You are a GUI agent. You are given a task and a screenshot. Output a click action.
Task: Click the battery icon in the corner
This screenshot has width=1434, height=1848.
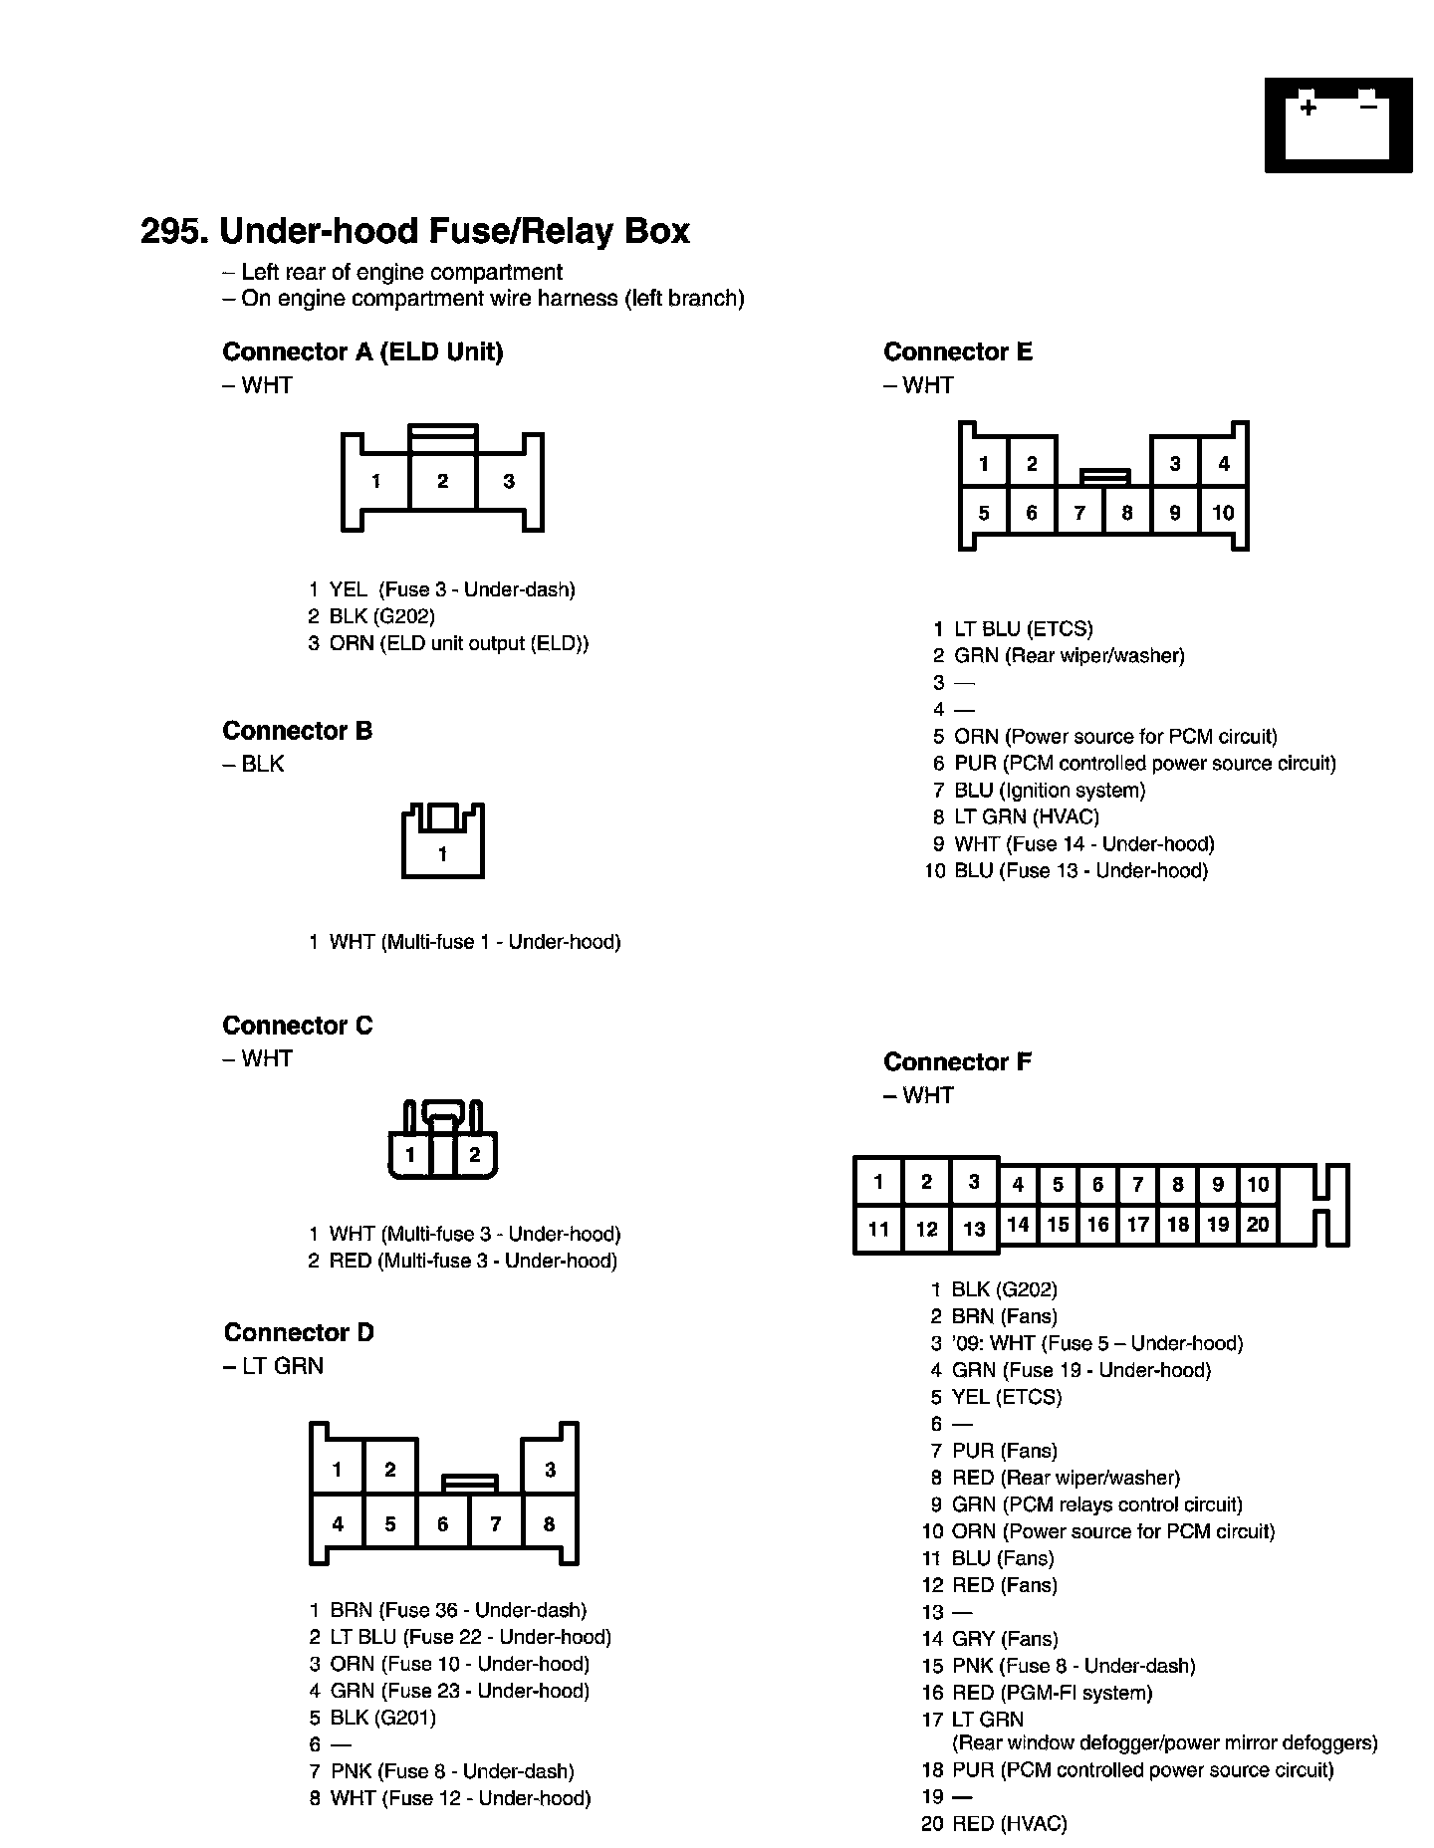click(x=1337, y=124)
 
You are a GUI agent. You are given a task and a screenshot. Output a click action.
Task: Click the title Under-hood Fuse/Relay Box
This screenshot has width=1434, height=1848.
click(x=414, y=231)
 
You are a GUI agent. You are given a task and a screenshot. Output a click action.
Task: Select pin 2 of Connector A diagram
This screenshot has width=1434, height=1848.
click(x=442, y=482)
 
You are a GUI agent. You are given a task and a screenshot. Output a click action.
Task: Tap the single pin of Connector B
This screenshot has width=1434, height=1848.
click(x=442, y=854)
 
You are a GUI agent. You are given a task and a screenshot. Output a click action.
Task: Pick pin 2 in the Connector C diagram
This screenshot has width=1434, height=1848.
click(x=474, y=1155)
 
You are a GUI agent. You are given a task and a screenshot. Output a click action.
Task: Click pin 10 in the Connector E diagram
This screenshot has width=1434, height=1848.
click(x=1223, y=513)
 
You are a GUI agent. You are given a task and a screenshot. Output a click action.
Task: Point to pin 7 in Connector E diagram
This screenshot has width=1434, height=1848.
click(x=1079, y=513)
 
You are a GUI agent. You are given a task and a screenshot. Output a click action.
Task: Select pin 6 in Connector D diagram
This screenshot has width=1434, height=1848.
click(x=442, y=1524)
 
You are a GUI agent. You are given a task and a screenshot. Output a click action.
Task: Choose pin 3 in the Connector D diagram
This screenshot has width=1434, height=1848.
click(x=550, y=1470)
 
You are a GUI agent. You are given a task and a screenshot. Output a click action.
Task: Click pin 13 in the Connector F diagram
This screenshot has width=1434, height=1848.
click(x=974, y=1229)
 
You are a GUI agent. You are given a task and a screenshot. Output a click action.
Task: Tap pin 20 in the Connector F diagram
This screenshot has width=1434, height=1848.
click(x=1258, y=1225)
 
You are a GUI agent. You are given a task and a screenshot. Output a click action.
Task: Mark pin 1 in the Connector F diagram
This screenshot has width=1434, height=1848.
click(x=878, y=1183)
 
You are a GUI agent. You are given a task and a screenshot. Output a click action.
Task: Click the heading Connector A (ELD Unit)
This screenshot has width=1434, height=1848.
click(x=362, y=351)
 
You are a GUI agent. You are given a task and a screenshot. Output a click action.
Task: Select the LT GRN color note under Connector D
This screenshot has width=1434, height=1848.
click(x=274, y=1366)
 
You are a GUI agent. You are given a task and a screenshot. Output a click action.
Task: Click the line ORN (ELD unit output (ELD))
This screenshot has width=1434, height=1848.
click(x=458, y=643)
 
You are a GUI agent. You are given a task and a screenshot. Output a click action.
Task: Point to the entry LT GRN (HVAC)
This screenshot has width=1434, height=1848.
click(x=1026, y=817)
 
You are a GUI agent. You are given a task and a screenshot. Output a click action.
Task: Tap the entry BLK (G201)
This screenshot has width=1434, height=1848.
click(x=382, y=1718)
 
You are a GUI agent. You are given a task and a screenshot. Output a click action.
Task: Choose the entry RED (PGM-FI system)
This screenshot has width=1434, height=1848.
click(x=1052, y=1693)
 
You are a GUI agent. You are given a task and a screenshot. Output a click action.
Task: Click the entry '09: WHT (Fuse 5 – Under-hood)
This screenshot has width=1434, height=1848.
click(x=1095, y=1343)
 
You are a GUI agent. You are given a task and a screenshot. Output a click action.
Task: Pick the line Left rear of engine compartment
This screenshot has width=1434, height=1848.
click(x=392, y=272)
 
